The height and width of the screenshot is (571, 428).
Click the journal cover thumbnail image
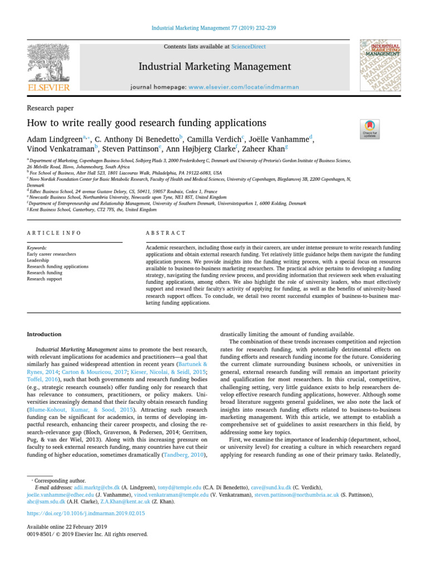coord(380,65)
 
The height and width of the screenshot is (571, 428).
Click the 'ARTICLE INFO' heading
coord(54,233)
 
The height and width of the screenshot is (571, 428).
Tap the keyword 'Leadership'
coord(38,260)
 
